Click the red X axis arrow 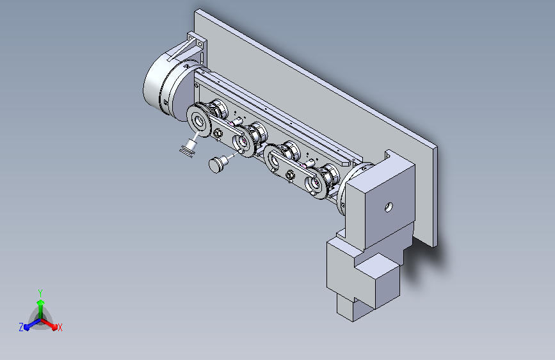click(x=49, y=323)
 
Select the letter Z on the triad click(x=21, y=327)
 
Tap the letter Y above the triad click(x=40, y=293)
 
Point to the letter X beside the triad click(x=60, y=327)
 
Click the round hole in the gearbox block click(x=389, y=207)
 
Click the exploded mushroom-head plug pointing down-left click(x=216, y=165)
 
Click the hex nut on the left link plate click(x=218, y=134)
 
